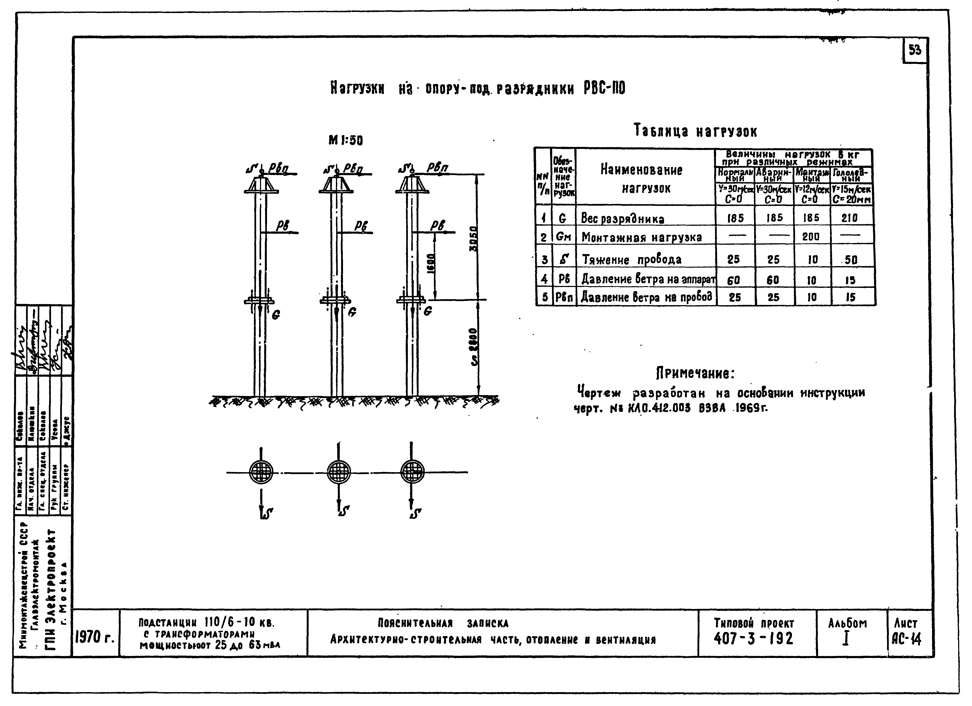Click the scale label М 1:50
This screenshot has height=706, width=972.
tap(345, 140)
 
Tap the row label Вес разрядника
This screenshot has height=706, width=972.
tap(622, 219)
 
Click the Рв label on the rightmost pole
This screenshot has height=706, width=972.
tap(438, 226)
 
